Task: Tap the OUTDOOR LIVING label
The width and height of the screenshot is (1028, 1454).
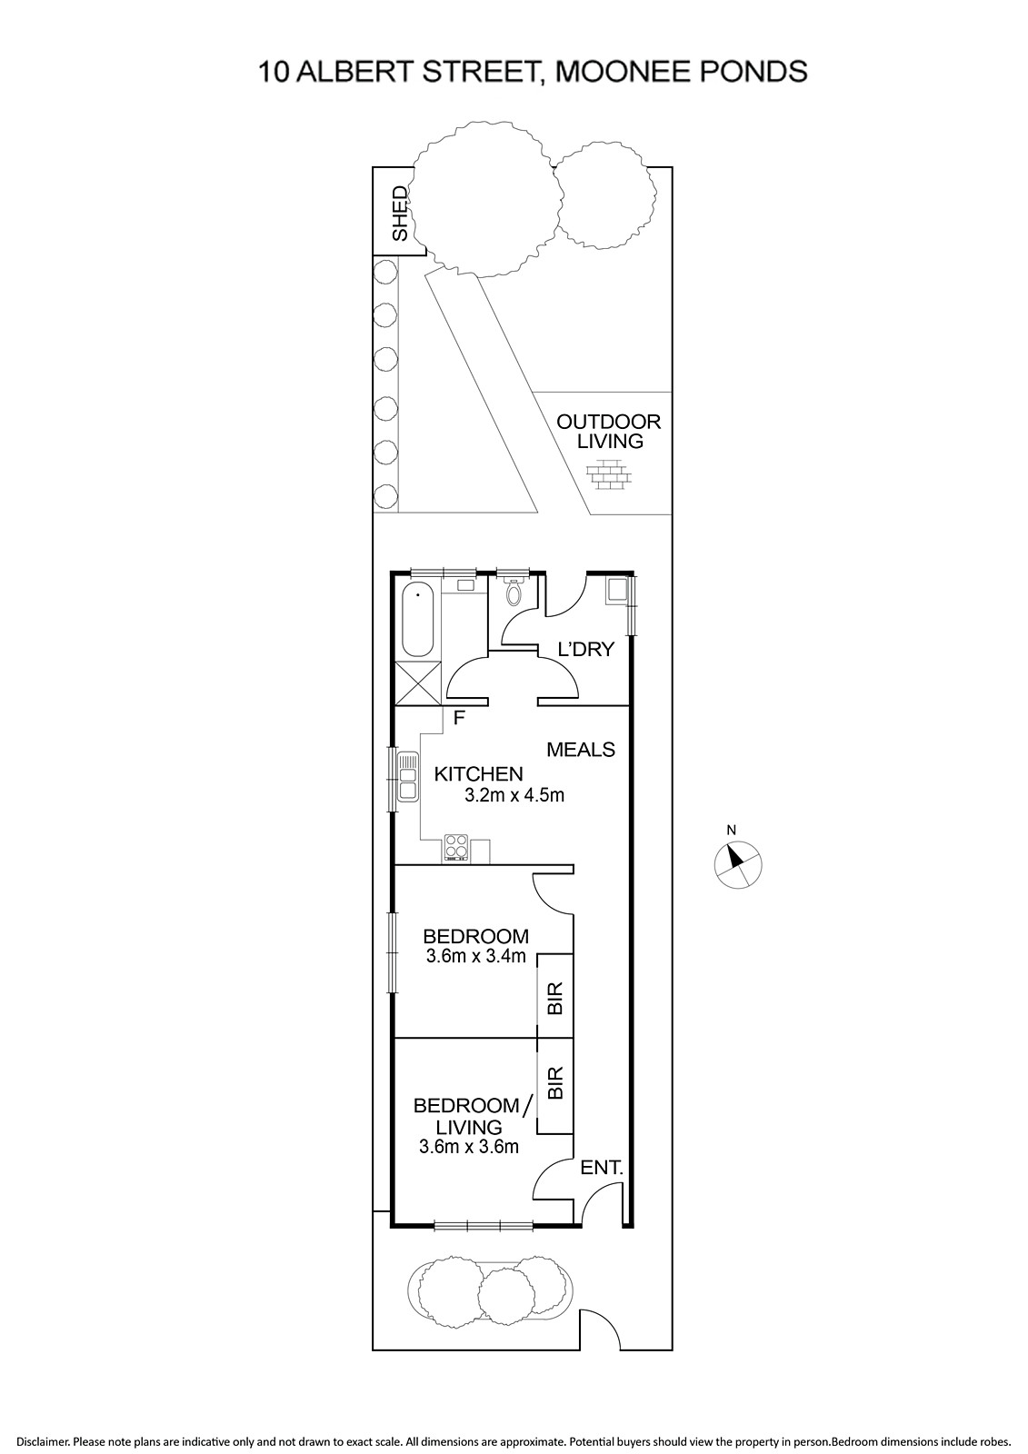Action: tap(608, 431)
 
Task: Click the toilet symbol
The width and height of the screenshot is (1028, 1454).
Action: tap(513, 592)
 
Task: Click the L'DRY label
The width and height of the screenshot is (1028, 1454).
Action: tap(586, 649)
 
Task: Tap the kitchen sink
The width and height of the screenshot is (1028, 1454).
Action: tap(408, 777)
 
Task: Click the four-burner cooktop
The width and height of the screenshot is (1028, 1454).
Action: tap(456, 849)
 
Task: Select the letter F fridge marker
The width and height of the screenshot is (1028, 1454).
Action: tap(460, 718)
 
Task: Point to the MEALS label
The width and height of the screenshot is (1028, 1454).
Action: tap(581, 750)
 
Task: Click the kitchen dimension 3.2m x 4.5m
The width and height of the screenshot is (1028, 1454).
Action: tap(514, 794)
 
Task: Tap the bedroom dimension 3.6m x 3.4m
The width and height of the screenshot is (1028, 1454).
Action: tap(476, 956)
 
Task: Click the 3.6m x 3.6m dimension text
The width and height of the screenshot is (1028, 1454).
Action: tap(469, 1147)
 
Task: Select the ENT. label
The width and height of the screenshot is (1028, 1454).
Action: tap(602, 1168)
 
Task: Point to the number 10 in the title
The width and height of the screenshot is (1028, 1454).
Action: tap(274, 72)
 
